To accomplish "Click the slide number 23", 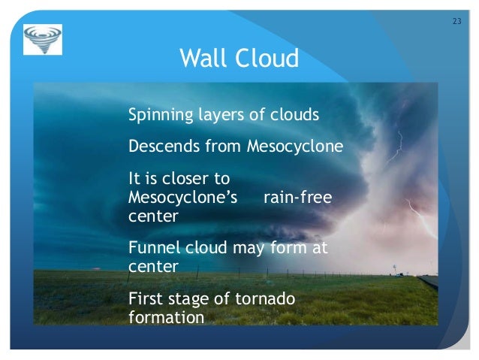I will point(456,20).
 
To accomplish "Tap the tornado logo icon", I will point(43,40).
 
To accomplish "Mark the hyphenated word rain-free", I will point(299,197).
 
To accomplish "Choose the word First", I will point(145,299).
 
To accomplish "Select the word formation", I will point(166,317).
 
